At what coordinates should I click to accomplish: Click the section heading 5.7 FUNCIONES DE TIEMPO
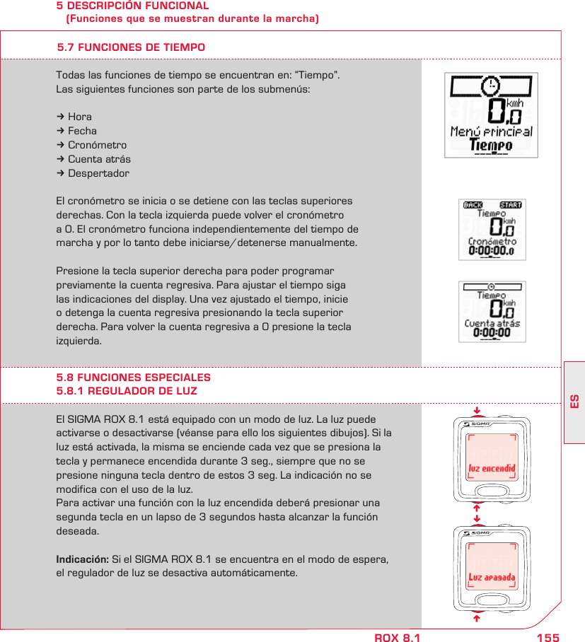[x=131, y=47]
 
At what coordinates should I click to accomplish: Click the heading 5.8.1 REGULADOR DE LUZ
[x=127, y=391]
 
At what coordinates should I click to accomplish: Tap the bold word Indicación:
[x=82, y=559]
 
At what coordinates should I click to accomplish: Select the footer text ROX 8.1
[x=397, y=638]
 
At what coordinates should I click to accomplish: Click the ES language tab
[x=574, y=401]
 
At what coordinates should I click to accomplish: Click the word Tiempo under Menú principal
[x=491, y=145]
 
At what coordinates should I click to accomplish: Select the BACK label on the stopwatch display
[x=472, y=206]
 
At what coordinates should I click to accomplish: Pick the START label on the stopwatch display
[x=510, y=206]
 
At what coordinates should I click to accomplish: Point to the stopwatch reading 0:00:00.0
[x=492, y=250]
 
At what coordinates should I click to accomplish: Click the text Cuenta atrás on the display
[x=492, y=324]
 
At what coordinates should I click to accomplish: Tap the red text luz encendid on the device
[x=492, y=468]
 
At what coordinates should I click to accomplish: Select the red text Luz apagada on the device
[x=492, y=578]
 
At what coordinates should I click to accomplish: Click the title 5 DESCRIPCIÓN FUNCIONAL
[x=133, y=6]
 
